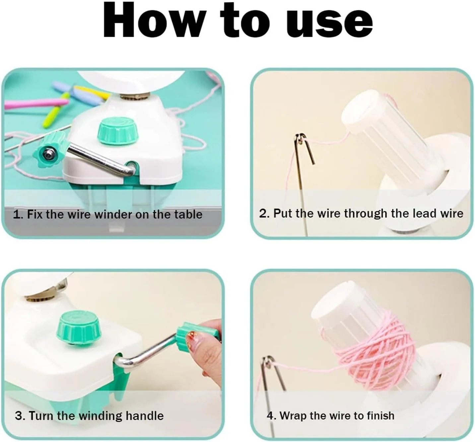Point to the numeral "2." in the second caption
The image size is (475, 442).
[264, 213]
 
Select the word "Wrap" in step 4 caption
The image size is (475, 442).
[293, 417]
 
